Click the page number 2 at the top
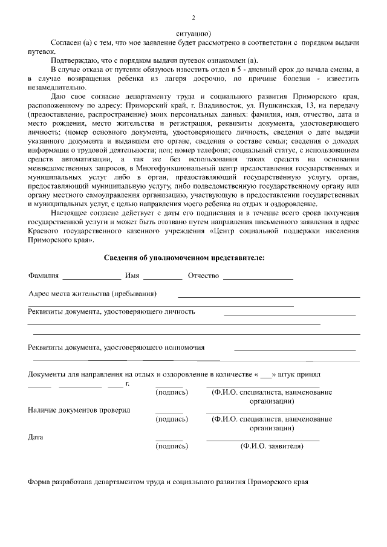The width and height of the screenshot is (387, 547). tap(193, 18)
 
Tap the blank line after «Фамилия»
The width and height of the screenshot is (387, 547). tap(92, 278)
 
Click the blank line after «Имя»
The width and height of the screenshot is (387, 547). tap(163, 278)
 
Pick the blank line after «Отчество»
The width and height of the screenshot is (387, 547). tap(258, 278)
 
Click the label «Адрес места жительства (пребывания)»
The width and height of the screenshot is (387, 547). tap(93, 294)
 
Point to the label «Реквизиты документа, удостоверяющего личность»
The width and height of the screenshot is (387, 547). tap(111, 312)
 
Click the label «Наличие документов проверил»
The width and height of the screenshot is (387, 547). tap(79, 410)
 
